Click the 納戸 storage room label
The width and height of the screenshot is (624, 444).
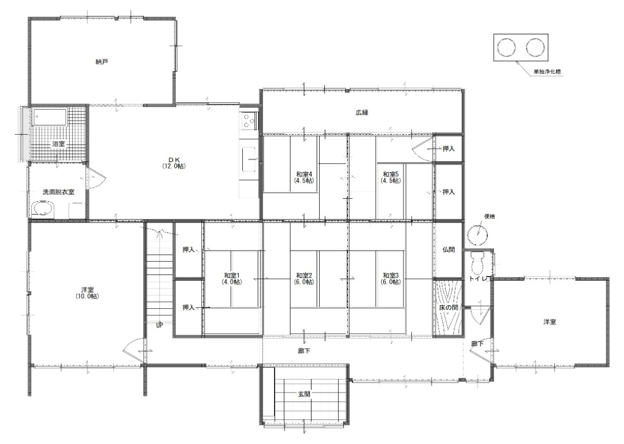click(101, 62)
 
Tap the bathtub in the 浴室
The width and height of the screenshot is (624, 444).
click(50, 117)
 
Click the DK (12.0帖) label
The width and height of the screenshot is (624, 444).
click(174, 163)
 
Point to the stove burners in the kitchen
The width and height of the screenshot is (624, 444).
click(249, 121)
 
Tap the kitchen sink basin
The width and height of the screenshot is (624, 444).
click(249, 159)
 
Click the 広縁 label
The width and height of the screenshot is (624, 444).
click(362, 113)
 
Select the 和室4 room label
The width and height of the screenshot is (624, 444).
click(304, 177)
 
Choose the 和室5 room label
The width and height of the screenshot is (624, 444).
click(391, 177)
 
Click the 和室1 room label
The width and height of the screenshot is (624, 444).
click(232, 279)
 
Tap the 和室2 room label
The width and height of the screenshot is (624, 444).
click(304, 279)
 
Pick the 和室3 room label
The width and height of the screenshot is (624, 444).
click(391, 279)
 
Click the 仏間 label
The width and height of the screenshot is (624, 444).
click(448, 250)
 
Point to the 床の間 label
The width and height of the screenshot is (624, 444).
click(448, 307)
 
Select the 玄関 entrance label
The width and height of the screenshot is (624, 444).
click(304, 394)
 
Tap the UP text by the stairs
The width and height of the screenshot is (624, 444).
click(159, 325)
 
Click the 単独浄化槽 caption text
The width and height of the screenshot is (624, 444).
click(547, 72)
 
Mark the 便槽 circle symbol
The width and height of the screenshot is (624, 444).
click(477, 235)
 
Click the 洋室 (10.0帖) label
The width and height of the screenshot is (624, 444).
click(87, 293)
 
